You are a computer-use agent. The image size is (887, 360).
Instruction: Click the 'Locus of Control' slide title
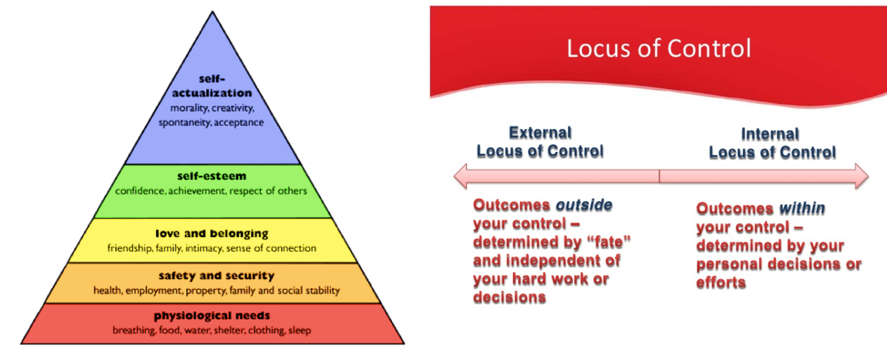point(659,49)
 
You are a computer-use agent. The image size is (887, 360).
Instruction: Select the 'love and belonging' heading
point(212,233)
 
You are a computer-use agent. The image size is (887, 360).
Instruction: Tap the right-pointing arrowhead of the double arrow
point(860,176)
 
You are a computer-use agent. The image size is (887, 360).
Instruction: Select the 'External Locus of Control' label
point(540,141)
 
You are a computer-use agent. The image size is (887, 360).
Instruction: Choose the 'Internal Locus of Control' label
point(772,143)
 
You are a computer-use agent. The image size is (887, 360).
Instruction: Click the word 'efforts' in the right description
point(720,283)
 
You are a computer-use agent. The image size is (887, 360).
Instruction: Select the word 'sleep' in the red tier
point(299,330)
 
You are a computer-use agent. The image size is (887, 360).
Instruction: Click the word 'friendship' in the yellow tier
point(129,248)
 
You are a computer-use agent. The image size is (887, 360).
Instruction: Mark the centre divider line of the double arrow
point(659,176)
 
